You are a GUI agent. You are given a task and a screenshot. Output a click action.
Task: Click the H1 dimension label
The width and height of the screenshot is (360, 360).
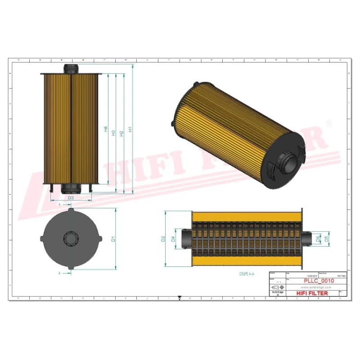[130, 130]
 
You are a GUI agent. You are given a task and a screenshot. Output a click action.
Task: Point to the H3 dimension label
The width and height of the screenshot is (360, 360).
[113, 132]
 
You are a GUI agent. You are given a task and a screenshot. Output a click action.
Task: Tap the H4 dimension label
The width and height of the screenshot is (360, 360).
[106, 129]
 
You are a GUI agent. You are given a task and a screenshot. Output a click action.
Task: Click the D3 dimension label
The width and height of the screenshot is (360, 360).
[71, 197]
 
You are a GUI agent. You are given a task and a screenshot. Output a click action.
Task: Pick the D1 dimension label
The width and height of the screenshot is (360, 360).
[113, 239]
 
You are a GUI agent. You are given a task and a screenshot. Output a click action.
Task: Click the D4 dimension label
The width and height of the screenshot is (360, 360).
[174, 239]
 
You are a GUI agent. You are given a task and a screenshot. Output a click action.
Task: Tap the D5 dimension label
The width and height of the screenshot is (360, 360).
[327, 238]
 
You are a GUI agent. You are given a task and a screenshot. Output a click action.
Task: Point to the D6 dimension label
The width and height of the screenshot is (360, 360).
[319, 238]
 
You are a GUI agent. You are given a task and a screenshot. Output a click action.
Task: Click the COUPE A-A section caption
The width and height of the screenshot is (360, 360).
[246, 273]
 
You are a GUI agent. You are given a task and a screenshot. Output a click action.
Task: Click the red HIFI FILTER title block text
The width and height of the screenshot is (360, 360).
[312, 293]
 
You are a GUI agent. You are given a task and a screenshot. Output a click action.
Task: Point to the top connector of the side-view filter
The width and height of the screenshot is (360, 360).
[71, 69]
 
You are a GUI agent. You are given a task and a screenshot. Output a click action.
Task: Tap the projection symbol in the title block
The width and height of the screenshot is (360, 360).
[277, 287]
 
